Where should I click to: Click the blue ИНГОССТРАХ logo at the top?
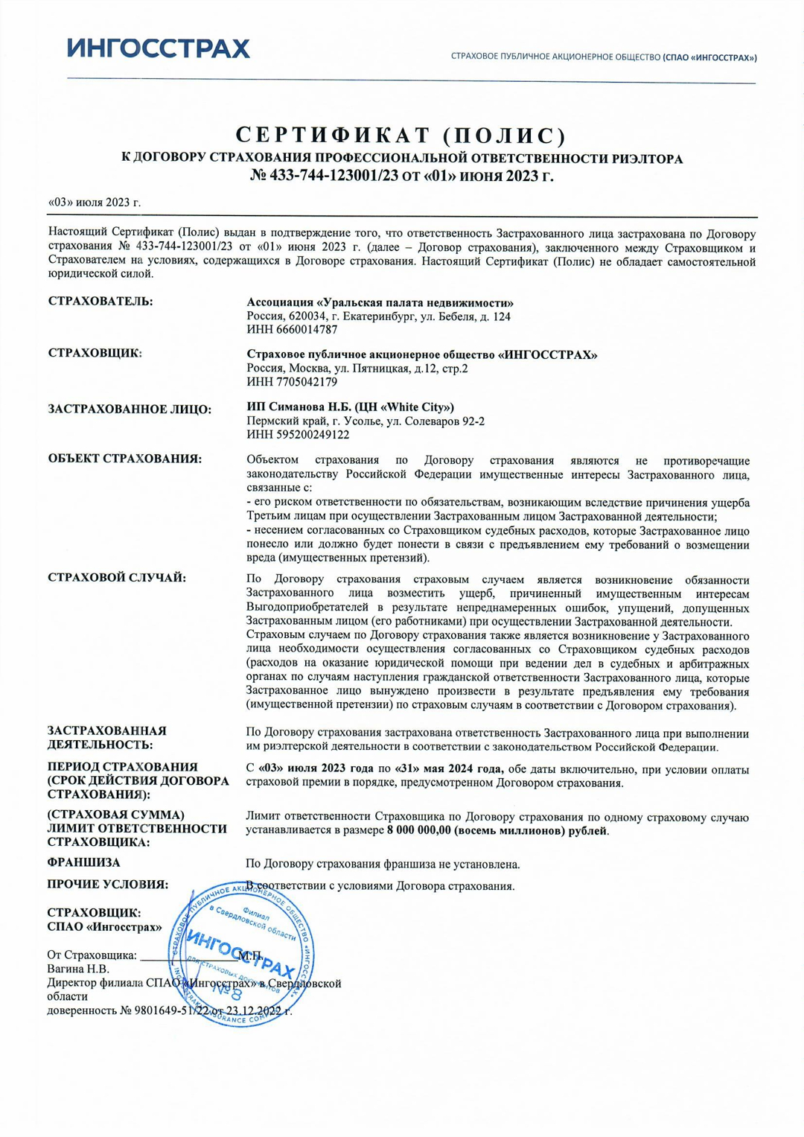(x=159, y=48)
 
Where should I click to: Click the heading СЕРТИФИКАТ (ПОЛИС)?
(x=401, y=136)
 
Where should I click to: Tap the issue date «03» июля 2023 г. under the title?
(x=95, y=203)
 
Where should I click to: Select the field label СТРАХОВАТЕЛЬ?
(x=100, y=302)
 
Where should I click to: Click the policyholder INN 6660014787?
(x=292, y=329)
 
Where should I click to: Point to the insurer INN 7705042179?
(x=292, y=382)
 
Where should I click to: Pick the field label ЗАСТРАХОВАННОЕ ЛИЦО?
(x=130, y=409)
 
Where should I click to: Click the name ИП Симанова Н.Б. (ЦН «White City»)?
(x=350, y=407)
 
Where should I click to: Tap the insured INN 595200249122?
(x=298, y=435)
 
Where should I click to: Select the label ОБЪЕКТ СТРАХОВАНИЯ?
(x=124, y=459)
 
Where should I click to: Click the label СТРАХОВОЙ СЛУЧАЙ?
(x=117, y=578)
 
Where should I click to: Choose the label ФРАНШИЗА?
(x=83, y=862)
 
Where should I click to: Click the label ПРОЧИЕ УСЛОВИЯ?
(x=107, y=885)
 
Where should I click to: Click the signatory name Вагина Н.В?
(x=78, y=969)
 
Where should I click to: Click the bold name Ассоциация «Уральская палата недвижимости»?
(x=380, y=303)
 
